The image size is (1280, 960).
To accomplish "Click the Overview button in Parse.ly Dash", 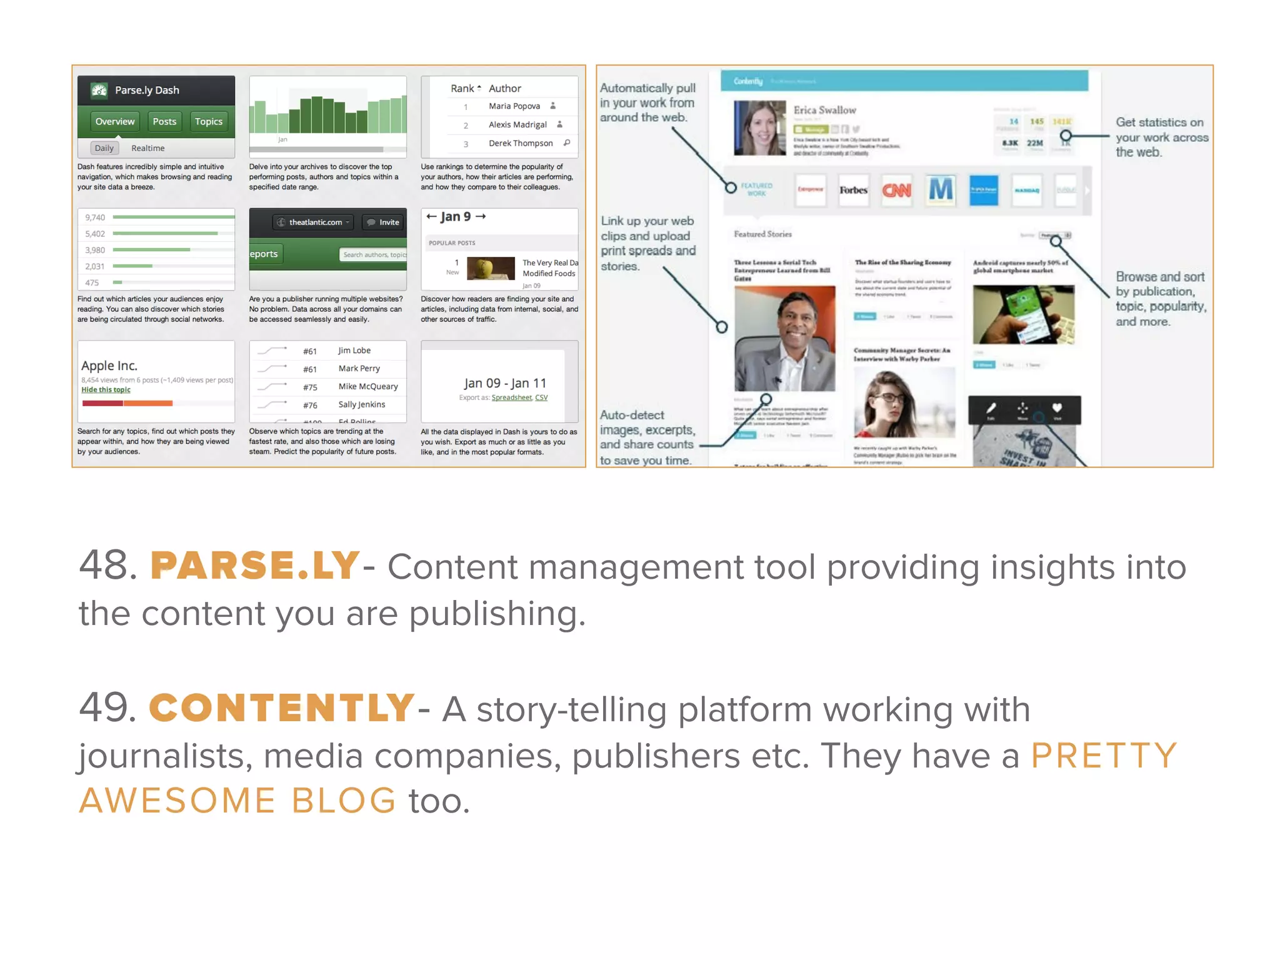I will click(x=114, y=121).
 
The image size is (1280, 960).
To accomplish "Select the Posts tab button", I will click(x=164, y=121).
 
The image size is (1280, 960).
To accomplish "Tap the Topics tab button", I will click(x=208, y=121).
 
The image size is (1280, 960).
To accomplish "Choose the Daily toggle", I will click(x=104, y=148).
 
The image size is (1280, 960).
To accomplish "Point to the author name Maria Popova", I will click(x=514, y=106).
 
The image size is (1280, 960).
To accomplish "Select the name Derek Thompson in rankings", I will click(x=520, y=143).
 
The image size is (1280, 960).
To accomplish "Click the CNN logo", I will click(x=896, y=190).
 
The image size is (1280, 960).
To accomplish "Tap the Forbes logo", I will click(x=853, y=190).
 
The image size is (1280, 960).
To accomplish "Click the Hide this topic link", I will click(x=106, y=389).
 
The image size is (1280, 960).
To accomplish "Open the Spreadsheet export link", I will click(x=511, y=397).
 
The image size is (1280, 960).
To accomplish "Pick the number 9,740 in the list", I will click(x=95, y=217).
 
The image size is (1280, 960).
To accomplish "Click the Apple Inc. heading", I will click(x=109, y=366).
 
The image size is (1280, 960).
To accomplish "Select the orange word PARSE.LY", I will click(x=254, y=566).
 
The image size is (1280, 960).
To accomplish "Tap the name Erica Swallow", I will click(x=824, y=110).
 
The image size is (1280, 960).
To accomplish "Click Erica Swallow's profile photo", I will click(x=759, y=128).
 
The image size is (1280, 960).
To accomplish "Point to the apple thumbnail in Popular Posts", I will click(x=491, y=269).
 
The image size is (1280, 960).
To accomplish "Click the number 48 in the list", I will click(x=107, y=566).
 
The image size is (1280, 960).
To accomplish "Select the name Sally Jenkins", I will click(x=361, y=404).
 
